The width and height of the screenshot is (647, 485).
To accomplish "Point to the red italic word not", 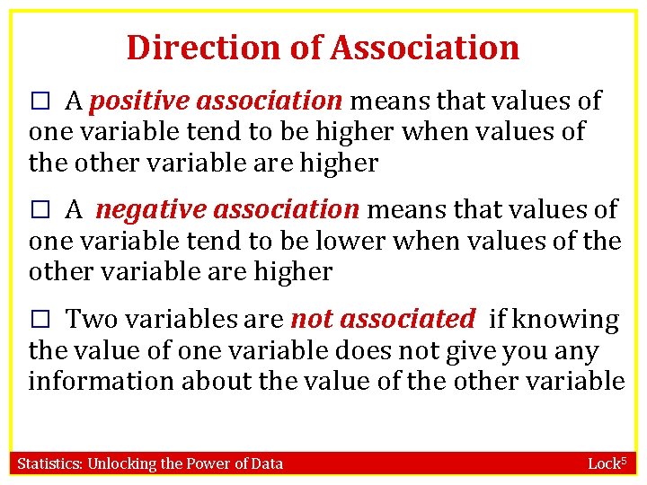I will tap(311, 319).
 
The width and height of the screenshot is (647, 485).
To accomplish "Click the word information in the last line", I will tap(102, 381).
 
